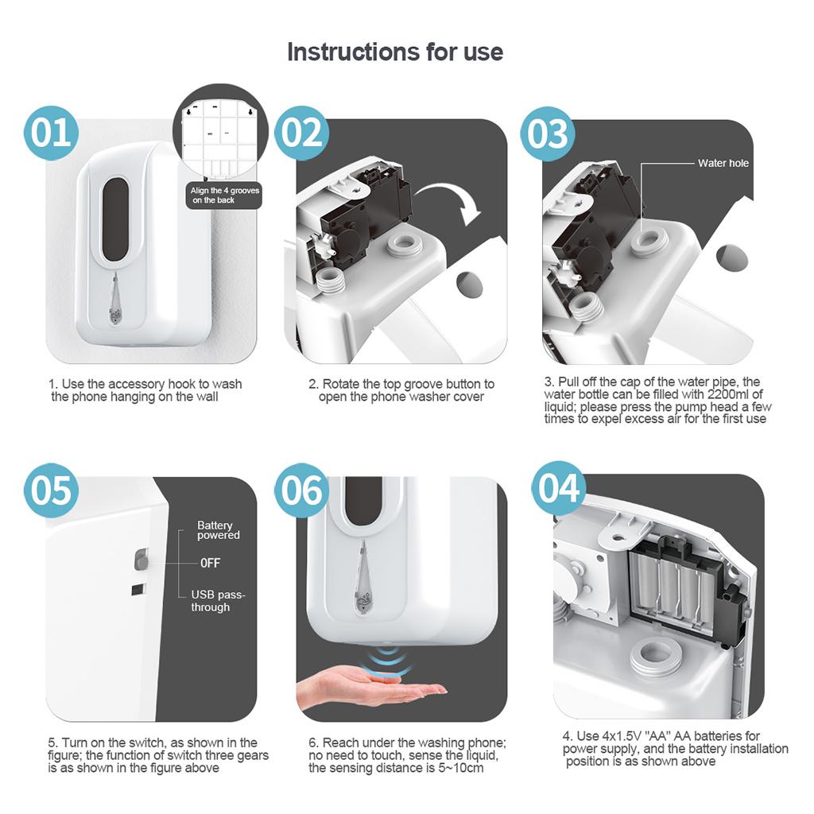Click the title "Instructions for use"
(395, 52)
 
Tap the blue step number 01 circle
(51, 133)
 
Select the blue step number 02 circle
(301, 133)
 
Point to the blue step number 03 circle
(548, 134)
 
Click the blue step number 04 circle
(559, 488)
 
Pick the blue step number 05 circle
(51, 490)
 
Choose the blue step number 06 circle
(301, 490)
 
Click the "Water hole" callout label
(723, 163)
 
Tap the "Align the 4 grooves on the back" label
(224, 196)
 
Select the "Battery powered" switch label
(218, 530)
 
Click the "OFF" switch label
(210, 563)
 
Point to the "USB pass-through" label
(218, 601)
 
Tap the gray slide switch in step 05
(141, 560)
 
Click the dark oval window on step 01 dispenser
(115, 219)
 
